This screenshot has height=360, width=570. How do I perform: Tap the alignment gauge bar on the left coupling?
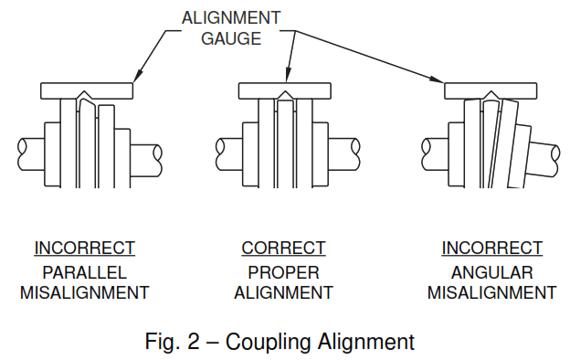(89, 91)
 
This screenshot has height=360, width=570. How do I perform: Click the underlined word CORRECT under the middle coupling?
(283, 248)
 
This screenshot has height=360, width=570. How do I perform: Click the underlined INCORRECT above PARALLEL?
(85, 248)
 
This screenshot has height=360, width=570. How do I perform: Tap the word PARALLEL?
(85, 272)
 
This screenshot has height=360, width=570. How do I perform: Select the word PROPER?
(283, 272)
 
